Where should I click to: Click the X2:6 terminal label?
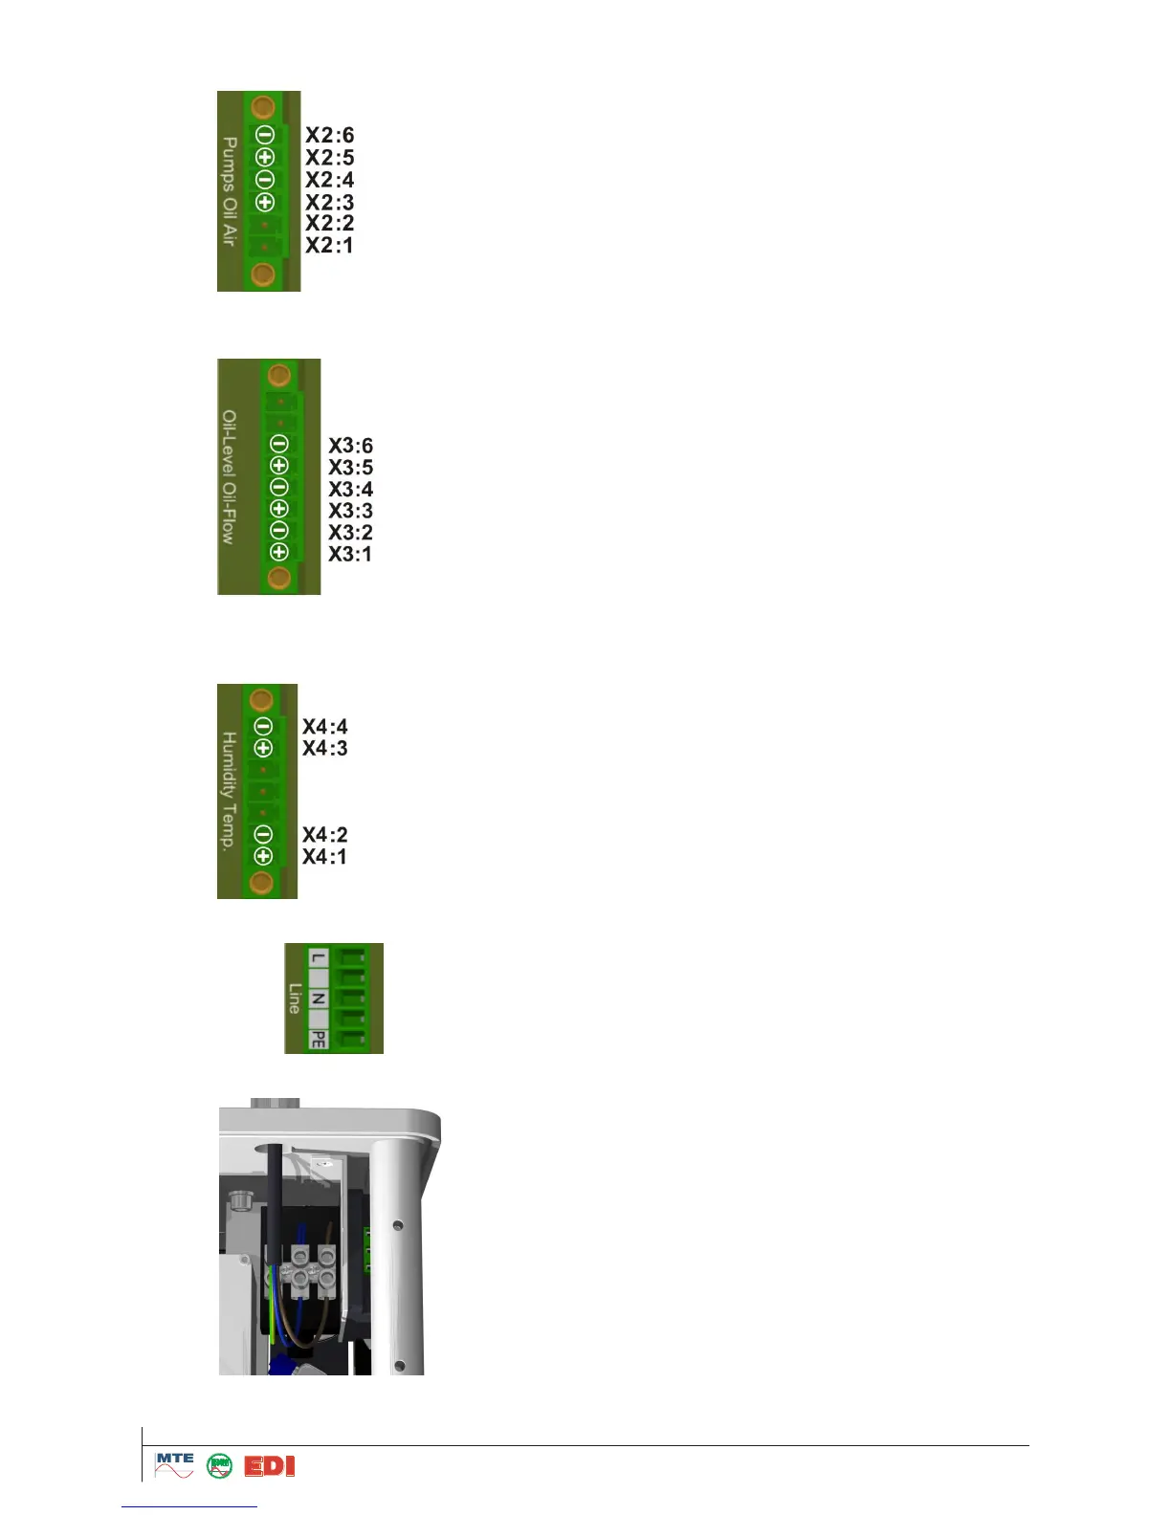tap(329, 136)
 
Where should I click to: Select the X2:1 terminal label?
tap(329, 246)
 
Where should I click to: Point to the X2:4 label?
tap(329, 180)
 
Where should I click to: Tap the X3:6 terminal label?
tap(351, 446)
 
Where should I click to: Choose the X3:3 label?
tap(351, 511)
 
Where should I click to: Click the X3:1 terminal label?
tap(350, 555)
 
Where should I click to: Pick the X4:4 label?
tap(325, 727)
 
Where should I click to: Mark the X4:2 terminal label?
tap(325, 835)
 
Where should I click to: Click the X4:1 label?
tap(325, 857)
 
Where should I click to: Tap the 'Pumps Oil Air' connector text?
tap(230, 190)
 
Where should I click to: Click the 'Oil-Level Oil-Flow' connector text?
tap(230, 476)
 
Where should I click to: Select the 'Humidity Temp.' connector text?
tap(230, 791)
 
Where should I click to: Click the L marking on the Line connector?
tap(319, 958)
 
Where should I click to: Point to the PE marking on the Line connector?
tap(319, 1040)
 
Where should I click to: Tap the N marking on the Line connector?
tap(319, 999)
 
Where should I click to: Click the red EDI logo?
tap(270, 1466)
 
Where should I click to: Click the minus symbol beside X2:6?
tap(265, 136)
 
